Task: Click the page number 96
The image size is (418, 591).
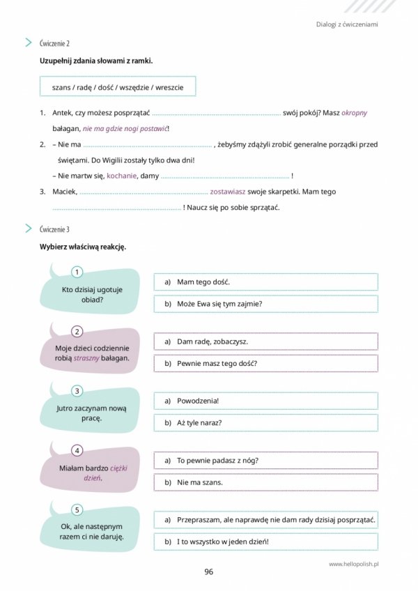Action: click(208, 572)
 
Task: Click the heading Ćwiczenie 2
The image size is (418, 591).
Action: click(55, 43)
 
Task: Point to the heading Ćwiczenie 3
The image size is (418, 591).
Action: click(55, 229)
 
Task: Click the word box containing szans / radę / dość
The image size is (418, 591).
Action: click(118, 86)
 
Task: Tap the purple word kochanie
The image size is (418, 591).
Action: click(123, 176)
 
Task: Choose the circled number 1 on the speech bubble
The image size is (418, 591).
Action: click(77, 272)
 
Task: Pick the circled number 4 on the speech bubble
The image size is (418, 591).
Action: click(77, 450)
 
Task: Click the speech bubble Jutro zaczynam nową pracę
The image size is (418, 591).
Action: click(82, 413)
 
